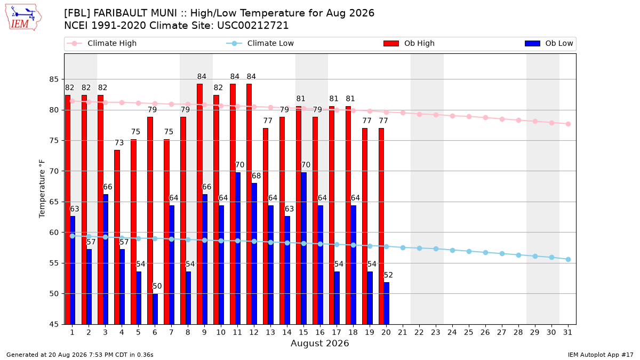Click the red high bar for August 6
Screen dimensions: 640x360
click(150, 221)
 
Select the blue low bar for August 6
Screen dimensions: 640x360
click(155, 309)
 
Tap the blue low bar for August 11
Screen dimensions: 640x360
click(238, 249)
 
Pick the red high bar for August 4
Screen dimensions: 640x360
click(117, 237)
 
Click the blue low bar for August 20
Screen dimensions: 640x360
click(386, 303)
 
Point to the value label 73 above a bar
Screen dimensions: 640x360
click(119, 142)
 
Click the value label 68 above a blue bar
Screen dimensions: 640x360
click(256, 175)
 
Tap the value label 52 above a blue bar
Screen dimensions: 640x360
click(388, 275)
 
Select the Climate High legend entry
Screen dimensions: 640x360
click(101, 43)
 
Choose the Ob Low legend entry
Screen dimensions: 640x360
click(549, 43)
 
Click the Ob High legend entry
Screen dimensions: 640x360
click(409, 43)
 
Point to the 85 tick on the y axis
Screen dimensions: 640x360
click(54, 79)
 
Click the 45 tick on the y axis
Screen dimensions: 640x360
click(54, 324)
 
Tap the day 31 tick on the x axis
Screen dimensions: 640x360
click(567, 332)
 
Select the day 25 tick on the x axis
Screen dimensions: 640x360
click(469, 332)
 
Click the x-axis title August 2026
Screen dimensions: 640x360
click(319, 343)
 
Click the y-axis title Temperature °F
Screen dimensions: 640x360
click(42, 189)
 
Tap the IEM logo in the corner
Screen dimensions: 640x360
click(23, 18)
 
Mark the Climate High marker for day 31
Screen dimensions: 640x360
click(569, 124)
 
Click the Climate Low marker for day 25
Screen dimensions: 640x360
click(469, 251)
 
